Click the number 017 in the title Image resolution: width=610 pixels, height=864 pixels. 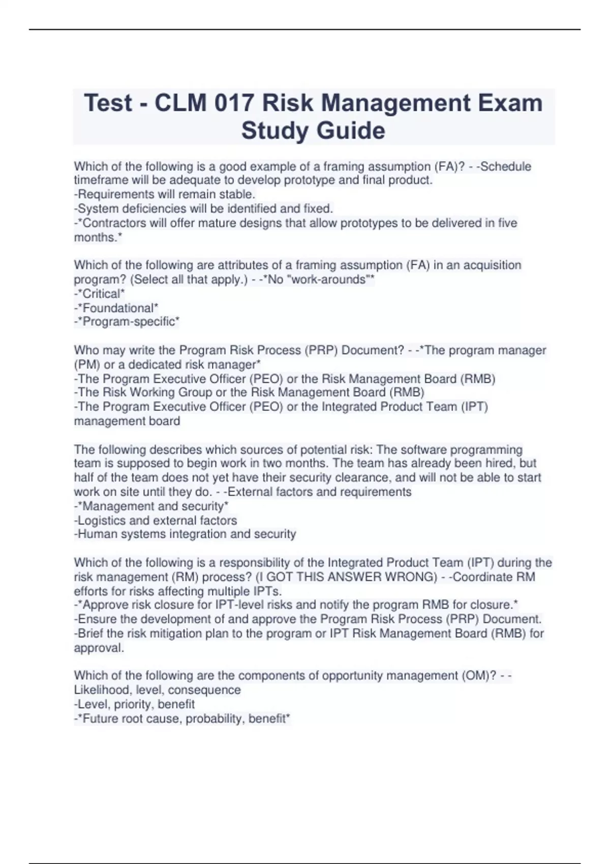(x=233, y=103)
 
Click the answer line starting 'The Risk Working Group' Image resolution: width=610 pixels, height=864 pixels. (x=249, y=392)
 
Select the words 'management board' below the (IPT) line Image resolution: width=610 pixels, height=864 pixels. (x=127, y=421)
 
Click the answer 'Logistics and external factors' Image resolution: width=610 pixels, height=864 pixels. (x=156, y=520)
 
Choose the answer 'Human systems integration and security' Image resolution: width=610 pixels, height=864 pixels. (x=185, y=534)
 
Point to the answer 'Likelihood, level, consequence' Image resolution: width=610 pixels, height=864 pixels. (x=158, y=690)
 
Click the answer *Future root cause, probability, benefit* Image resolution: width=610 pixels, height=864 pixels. (x=182, y=719)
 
